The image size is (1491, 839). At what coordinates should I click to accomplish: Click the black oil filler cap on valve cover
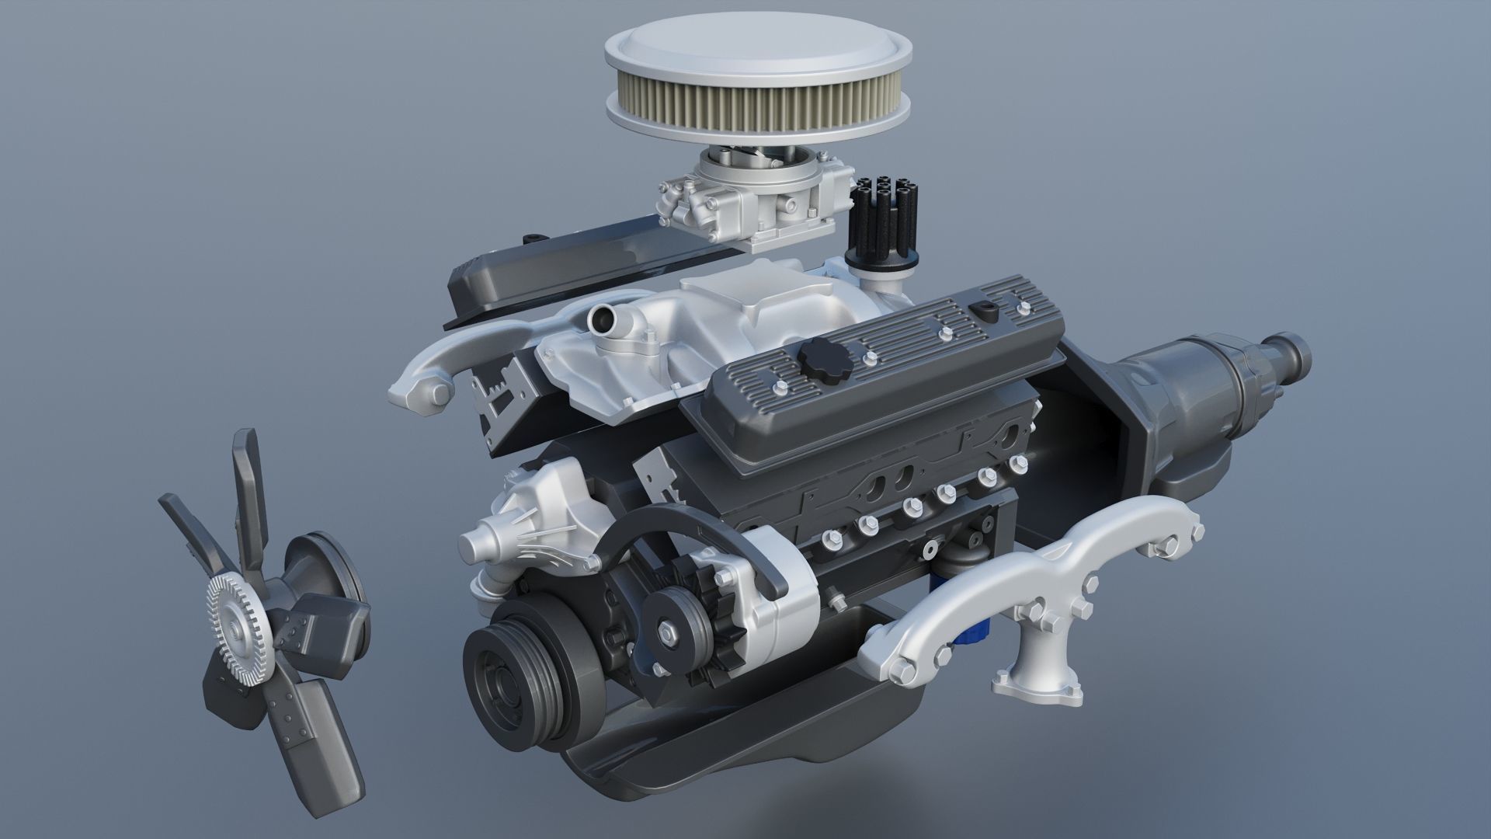pos(823,359)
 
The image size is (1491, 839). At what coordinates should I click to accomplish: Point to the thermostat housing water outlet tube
pos(602,318)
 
